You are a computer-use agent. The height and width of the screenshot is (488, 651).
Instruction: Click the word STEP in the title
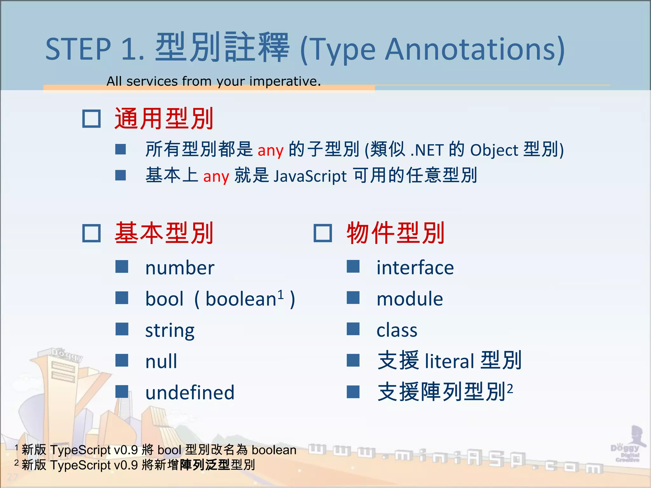(78, 49)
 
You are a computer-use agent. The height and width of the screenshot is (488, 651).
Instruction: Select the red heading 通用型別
(164, 119)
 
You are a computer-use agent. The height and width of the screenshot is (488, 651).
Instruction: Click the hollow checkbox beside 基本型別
(92, 233)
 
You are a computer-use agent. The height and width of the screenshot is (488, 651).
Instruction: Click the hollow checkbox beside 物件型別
(323, 233)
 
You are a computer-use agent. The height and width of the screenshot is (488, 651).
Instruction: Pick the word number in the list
(180, 268)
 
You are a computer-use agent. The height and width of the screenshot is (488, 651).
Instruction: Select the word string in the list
(170, 330)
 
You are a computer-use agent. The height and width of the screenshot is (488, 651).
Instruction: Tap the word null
(161, 361)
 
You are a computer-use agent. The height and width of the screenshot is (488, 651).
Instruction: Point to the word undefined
(190, 392)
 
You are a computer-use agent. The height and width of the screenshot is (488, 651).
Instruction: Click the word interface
(415, 268)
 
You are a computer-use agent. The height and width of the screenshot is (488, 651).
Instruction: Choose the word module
(409, 299)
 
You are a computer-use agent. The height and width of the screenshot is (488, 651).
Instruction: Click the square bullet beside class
(353, 329)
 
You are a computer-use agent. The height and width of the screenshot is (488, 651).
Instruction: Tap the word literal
(449, 361)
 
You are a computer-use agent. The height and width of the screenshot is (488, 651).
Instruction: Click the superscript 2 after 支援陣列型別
(510, 388)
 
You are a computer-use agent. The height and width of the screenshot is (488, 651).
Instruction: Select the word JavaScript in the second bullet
(310, 176)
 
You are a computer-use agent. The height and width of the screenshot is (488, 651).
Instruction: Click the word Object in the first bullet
(494, 150)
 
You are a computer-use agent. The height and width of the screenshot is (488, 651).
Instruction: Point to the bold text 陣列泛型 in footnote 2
(204, 465)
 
